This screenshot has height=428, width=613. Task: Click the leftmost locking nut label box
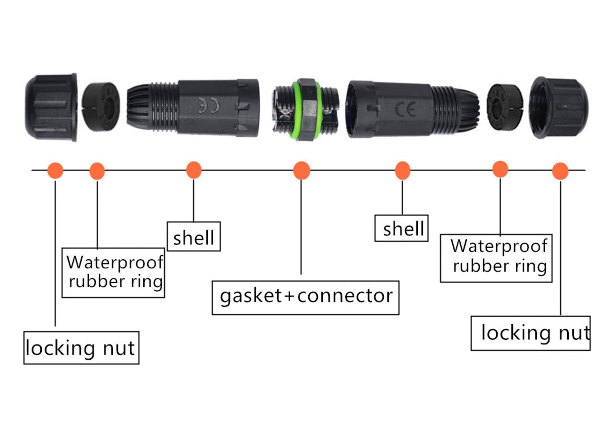coord(81,348)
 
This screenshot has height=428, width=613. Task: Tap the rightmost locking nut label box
coord(530,333)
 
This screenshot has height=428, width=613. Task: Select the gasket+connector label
coord(305,298)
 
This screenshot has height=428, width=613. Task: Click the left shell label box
coord(193,237)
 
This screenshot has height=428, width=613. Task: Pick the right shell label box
coord(401,228)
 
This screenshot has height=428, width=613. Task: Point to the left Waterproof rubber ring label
coord(113,273)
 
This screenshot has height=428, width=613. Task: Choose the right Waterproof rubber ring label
coord(496,258)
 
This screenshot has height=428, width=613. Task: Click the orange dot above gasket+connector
coord(301,170)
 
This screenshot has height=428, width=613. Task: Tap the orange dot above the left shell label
coord(193,170)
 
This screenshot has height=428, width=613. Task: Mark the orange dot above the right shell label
coord(402,170)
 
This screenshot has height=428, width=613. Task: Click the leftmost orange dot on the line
coord(55,170)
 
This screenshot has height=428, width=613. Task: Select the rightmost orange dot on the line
coord(560,171)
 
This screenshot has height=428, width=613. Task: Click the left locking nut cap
coord(51,107)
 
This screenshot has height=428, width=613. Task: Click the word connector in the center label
coord(345,296)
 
